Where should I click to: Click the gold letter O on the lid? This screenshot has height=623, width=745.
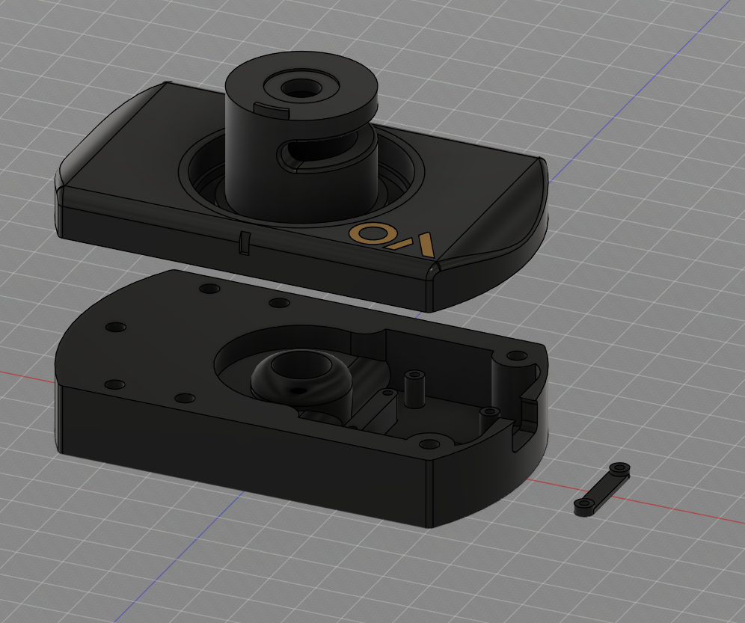pyautogui.click(x=367, y=233)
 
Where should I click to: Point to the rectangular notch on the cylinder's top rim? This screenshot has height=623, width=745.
pyautogui.click(x=271, y=110)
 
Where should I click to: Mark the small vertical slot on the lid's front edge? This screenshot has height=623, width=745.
pyautogui.click(x=243, y=243)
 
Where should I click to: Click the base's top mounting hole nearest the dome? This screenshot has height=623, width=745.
pyautogui.click(x=279, y=303)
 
